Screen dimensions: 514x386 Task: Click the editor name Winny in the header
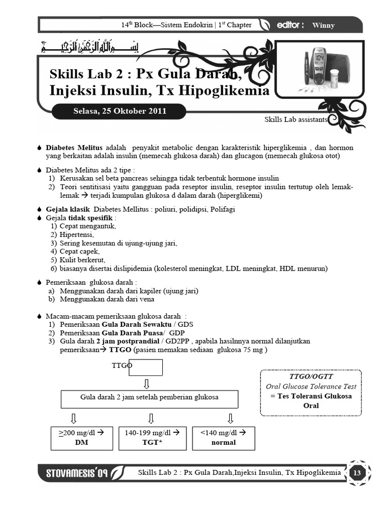323,25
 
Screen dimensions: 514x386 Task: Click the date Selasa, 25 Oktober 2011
119,111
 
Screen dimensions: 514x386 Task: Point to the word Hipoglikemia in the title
226,91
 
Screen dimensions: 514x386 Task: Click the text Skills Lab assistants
296,120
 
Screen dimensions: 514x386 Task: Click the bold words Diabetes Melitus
74,148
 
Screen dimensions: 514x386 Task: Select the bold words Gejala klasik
67,209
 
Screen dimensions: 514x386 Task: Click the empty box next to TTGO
146,367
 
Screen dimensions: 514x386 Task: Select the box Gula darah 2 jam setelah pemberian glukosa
149,398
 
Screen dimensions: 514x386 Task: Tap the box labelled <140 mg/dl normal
224,438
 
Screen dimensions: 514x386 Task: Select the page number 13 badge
357,473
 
